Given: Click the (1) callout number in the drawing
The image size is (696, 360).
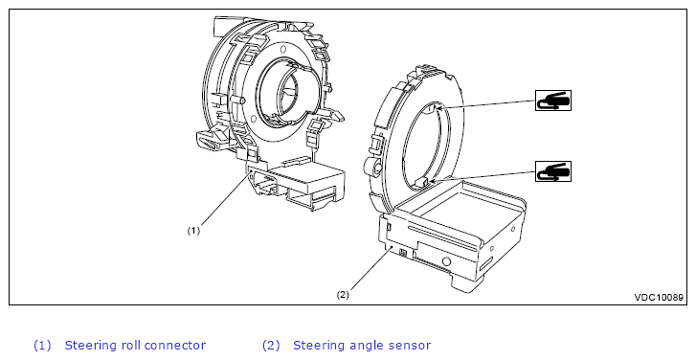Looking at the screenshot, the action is pyautogui.click(x=193, y=231).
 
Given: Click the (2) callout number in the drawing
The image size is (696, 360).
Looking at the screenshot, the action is pyautogui.click(x=343, y=294).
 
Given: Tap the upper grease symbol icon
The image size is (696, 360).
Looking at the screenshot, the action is pyautogui.click(x=553, y=101).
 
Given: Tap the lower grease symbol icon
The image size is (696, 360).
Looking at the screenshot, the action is pyautogui.click(x=553, y=171).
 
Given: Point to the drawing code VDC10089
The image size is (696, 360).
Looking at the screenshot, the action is pyautogui.click(x=659, y=298).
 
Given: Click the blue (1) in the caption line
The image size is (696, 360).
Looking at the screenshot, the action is pyautogui.click(x=43, y=346).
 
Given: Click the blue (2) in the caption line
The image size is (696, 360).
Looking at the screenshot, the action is pyautogui.click(x=271, y=346).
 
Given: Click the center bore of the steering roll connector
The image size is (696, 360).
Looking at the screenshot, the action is pyautogui.click(x=288, y=91).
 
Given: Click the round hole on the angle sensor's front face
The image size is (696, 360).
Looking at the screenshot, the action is pyautogui.click(x=446, y=261).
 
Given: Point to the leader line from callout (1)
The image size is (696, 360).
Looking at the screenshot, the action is pyautogui.click(x=226, y=199).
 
